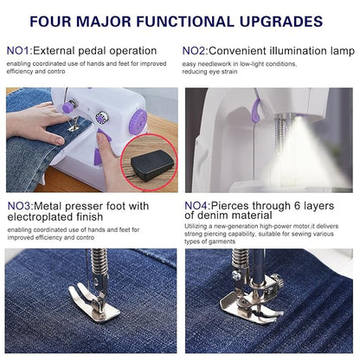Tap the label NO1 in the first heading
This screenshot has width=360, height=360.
[18, 51]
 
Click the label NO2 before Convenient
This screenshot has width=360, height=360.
[194, 51]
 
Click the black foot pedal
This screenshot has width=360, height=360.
[152, 164]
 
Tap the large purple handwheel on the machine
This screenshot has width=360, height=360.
[138, 122]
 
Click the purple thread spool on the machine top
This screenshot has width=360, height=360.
[68, 107]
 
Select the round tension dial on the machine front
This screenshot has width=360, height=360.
[102, 117]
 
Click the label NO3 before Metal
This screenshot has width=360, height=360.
[19, 206]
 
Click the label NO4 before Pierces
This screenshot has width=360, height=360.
[196, 206]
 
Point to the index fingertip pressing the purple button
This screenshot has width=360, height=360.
[102, 138]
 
